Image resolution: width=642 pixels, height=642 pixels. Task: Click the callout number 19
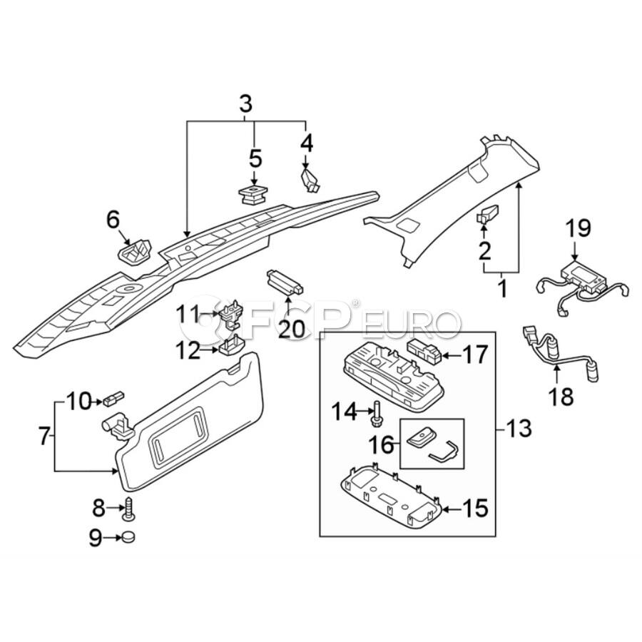pyautogui.click(x=579, y=228)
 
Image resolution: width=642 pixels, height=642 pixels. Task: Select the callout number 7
pyautogui.click(x=44, y=435)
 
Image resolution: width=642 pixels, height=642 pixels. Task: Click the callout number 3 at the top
pyautogui.click(x=245, y=103)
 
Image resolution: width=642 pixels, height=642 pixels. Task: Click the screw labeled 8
pyautogui.click(x=129, y=508)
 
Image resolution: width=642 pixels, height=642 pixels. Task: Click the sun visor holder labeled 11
pyautogui.click(x=231, y=316)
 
